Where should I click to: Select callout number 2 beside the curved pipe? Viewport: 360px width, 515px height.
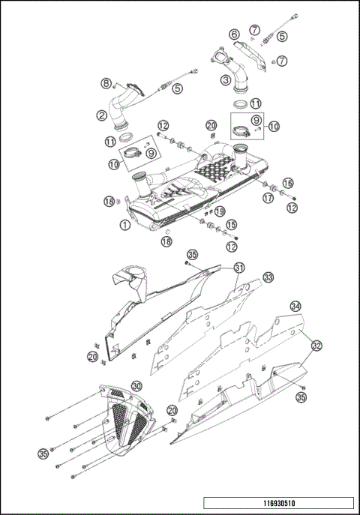[x=100, y=115]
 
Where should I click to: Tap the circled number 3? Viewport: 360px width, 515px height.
[x=224, y=77]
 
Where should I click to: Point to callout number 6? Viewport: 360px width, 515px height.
[x=234, y=34]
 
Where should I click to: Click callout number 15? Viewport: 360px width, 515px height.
[x=232, y=224]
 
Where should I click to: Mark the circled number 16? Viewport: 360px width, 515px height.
[x=288, y=182]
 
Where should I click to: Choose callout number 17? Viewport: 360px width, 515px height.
[x=268, y=199]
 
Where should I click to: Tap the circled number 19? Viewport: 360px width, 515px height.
[x=220, y=212]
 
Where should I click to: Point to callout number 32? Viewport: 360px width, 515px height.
[x=316, y=346]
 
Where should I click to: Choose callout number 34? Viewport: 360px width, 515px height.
[x=296, y=306]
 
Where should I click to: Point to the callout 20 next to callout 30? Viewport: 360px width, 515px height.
[x=172, y=410]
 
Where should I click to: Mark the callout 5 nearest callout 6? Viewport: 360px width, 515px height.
[x=282, y=35]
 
